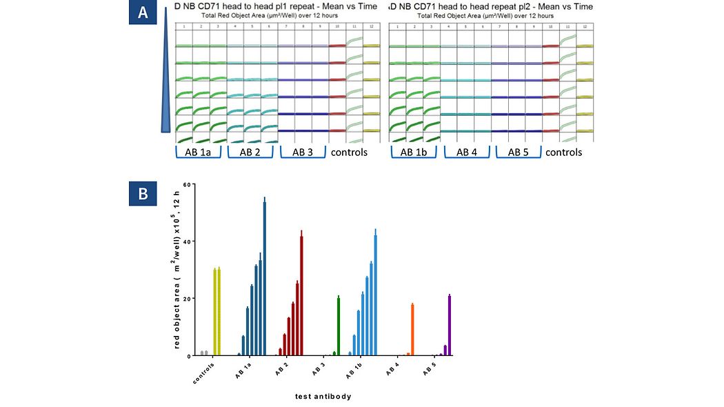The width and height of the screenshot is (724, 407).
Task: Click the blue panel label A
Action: (142, 13)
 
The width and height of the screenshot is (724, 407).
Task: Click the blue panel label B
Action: (142, 195)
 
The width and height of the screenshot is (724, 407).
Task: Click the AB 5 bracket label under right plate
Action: (519, 152)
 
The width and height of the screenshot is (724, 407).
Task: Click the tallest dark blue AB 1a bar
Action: (265, 276)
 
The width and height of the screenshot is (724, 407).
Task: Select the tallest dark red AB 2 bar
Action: (301, 293)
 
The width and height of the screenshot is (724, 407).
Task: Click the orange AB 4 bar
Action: (412, 329)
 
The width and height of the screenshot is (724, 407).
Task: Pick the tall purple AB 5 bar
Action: (450, 325)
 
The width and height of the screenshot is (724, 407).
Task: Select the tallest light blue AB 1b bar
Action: (376, 293)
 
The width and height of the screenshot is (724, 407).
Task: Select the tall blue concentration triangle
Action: (165, 76)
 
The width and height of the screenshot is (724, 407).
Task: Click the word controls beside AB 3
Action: (349, 152)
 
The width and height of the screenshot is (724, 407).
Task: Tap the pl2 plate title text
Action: (490, 7)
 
